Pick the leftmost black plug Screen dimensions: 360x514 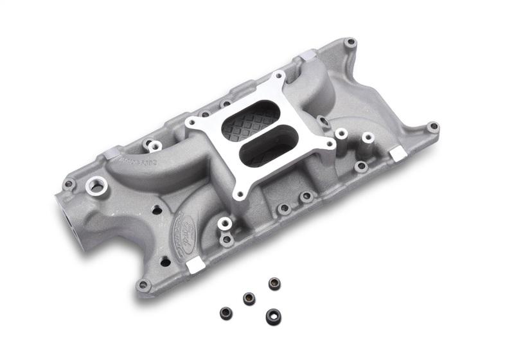click(x=226, y=312)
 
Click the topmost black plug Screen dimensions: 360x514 click(x=274, y=283)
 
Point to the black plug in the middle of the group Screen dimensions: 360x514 click(x=249, y=298)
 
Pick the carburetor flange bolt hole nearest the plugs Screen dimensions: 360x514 click(x=240, y=191)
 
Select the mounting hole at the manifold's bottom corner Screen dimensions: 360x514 click(x=143, y=284)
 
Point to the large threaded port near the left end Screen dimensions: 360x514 click(x=98, y=186)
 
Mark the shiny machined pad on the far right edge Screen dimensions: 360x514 click(x=398, y=153)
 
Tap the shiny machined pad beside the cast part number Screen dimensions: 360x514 click(x=109, y=153)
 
